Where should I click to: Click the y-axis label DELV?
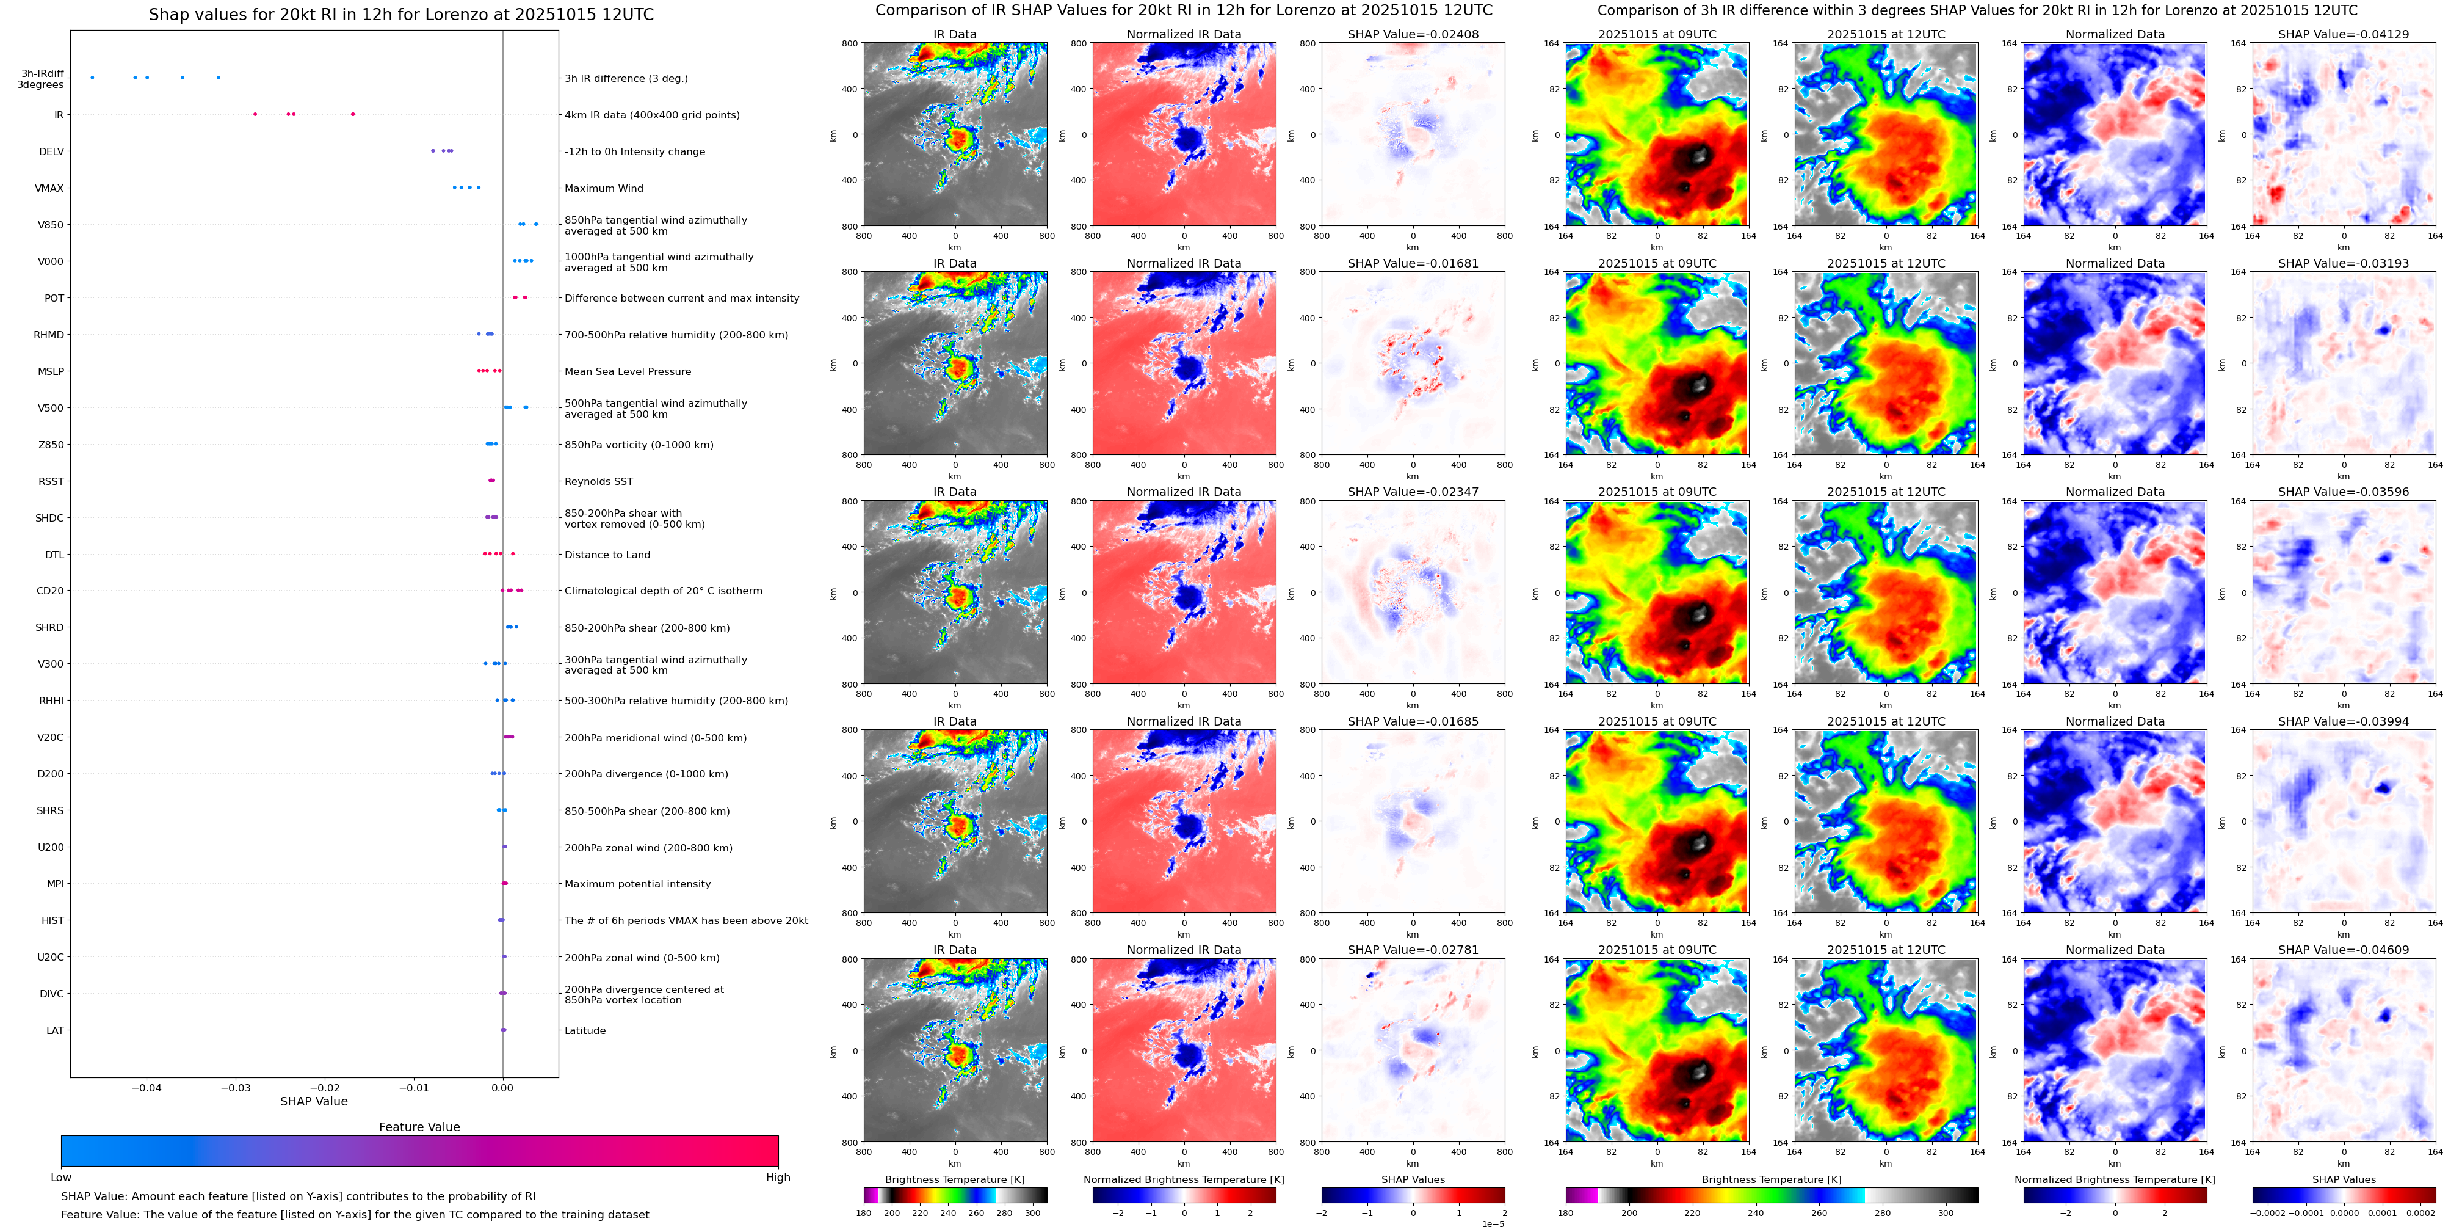click(x=51, y=151)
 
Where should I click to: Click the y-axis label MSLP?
click(x=51, y=371)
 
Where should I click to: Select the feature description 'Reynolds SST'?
click(x=598, y=482)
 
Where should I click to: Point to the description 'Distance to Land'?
click(x=607, y=555)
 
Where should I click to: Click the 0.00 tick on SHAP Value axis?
click(x=502, y=1088)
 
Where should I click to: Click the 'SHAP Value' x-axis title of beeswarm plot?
click(x=313, y=1101)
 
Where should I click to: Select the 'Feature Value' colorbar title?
click(x=419, y=1127)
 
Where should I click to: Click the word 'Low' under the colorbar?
click(x=61, y=1178)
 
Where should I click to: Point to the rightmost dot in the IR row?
click(x=353, y=114)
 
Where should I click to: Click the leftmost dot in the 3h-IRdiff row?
click(x=92, y=77)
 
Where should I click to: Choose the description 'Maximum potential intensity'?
click(x=637, y=884)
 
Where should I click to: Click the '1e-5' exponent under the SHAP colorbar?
click(x=1493, y=1223)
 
